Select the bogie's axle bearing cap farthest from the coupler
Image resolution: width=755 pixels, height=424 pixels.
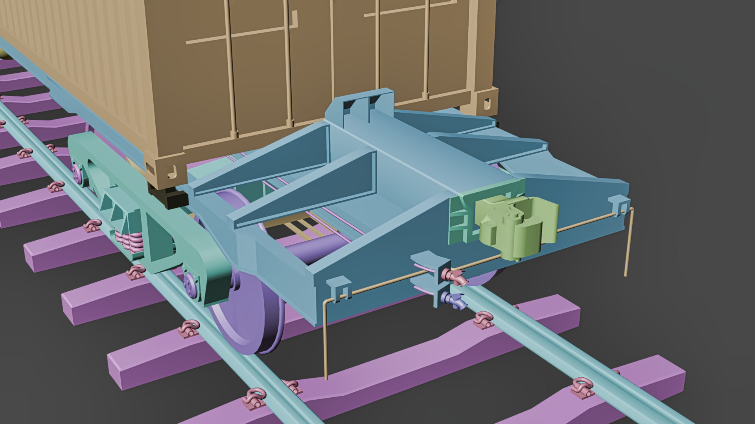[78, 173]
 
